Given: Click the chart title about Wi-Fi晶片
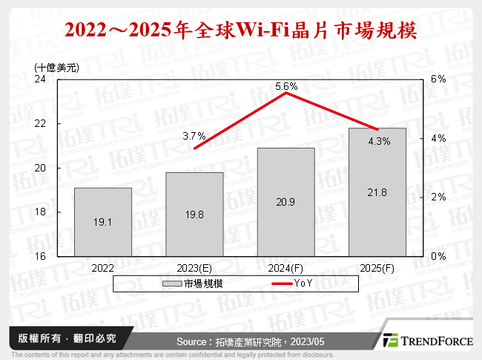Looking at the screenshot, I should click(240, 32).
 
